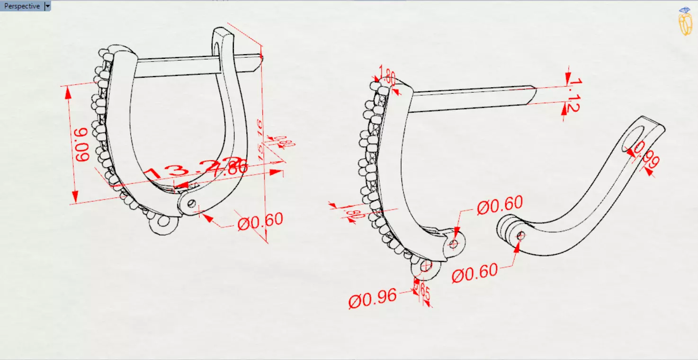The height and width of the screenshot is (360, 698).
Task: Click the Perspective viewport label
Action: click(22, 6)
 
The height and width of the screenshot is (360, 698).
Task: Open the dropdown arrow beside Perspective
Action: click(47, 6)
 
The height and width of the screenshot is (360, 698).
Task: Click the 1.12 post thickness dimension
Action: click(573, 96)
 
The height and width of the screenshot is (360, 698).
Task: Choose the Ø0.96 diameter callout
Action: click(372, 298)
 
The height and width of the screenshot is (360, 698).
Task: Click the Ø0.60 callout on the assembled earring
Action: click(260, 221)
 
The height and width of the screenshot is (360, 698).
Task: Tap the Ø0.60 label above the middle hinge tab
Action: click(500, 205)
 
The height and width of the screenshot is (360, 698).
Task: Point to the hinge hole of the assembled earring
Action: click(191, 203)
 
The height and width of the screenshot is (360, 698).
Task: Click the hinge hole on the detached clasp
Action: click(521, 235)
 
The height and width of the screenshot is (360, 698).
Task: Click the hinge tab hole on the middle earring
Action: click(454, 244)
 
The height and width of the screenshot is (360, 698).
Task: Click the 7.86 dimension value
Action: click(230, 168)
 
